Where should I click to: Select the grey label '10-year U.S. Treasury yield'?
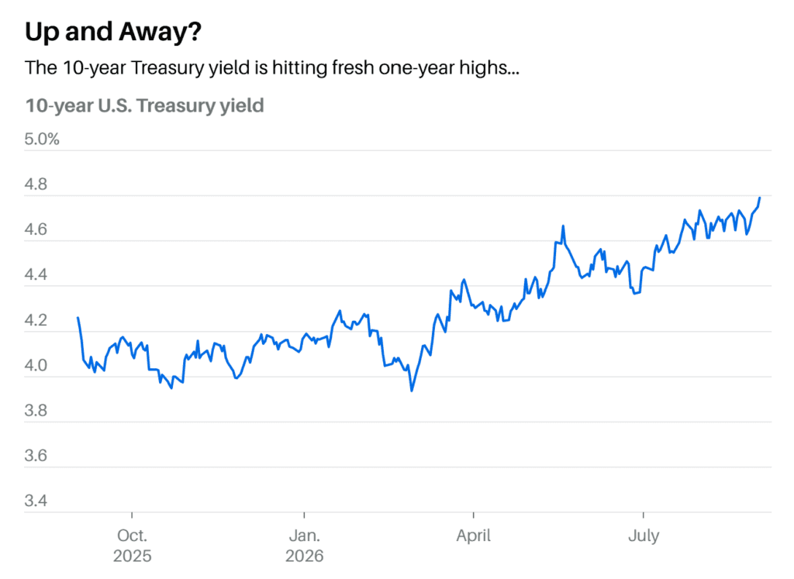144,105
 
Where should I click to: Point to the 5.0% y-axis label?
42,140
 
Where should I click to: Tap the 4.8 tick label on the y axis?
36,184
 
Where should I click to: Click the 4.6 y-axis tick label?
36,229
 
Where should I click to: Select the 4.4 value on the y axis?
36,274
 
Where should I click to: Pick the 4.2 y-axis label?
36,320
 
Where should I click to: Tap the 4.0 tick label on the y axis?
36,365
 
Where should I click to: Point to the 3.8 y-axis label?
36,410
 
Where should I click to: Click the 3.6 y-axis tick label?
36,455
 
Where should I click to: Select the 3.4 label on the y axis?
36,500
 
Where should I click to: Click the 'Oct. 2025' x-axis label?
132,546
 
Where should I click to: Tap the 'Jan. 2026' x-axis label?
304,546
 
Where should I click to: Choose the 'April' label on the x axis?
474,536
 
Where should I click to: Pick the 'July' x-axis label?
644,536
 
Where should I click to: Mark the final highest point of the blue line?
760,198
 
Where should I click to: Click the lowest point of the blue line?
412,391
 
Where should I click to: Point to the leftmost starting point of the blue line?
78,317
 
